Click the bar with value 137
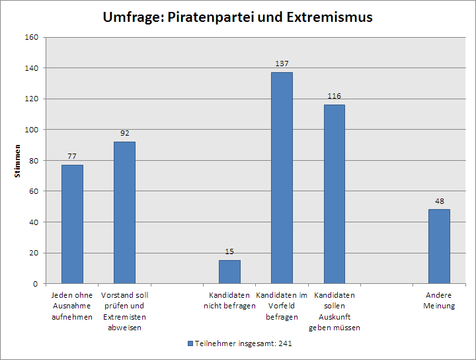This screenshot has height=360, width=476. pos(282,177)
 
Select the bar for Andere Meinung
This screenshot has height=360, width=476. pos(439,246)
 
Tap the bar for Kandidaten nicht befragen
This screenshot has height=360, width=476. pos(229,271)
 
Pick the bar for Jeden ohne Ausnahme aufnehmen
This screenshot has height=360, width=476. pos(72,224)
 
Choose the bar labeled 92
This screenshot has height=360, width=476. pos(124,212)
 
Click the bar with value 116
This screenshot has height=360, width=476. pos(334,194)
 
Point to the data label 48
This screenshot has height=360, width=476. pos(439,201)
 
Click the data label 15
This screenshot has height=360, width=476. pos(229,251)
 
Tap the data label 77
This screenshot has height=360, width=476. pos(72,156)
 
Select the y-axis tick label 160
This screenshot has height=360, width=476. pos(32,38)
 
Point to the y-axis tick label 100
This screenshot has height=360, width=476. pos(32,130)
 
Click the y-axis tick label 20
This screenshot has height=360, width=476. pos(34,253)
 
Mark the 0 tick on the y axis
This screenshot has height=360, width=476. pos(36,284)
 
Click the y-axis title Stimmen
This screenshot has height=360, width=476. pos(19,161)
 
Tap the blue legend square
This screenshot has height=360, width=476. pos(190,344)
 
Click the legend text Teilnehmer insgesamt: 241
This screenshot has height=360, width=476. pos(243,344)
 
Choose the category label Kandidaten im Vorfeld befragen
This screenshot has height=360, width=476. pos(282,306)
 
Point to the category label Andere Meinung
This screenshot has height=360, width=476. pos(440,300)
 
